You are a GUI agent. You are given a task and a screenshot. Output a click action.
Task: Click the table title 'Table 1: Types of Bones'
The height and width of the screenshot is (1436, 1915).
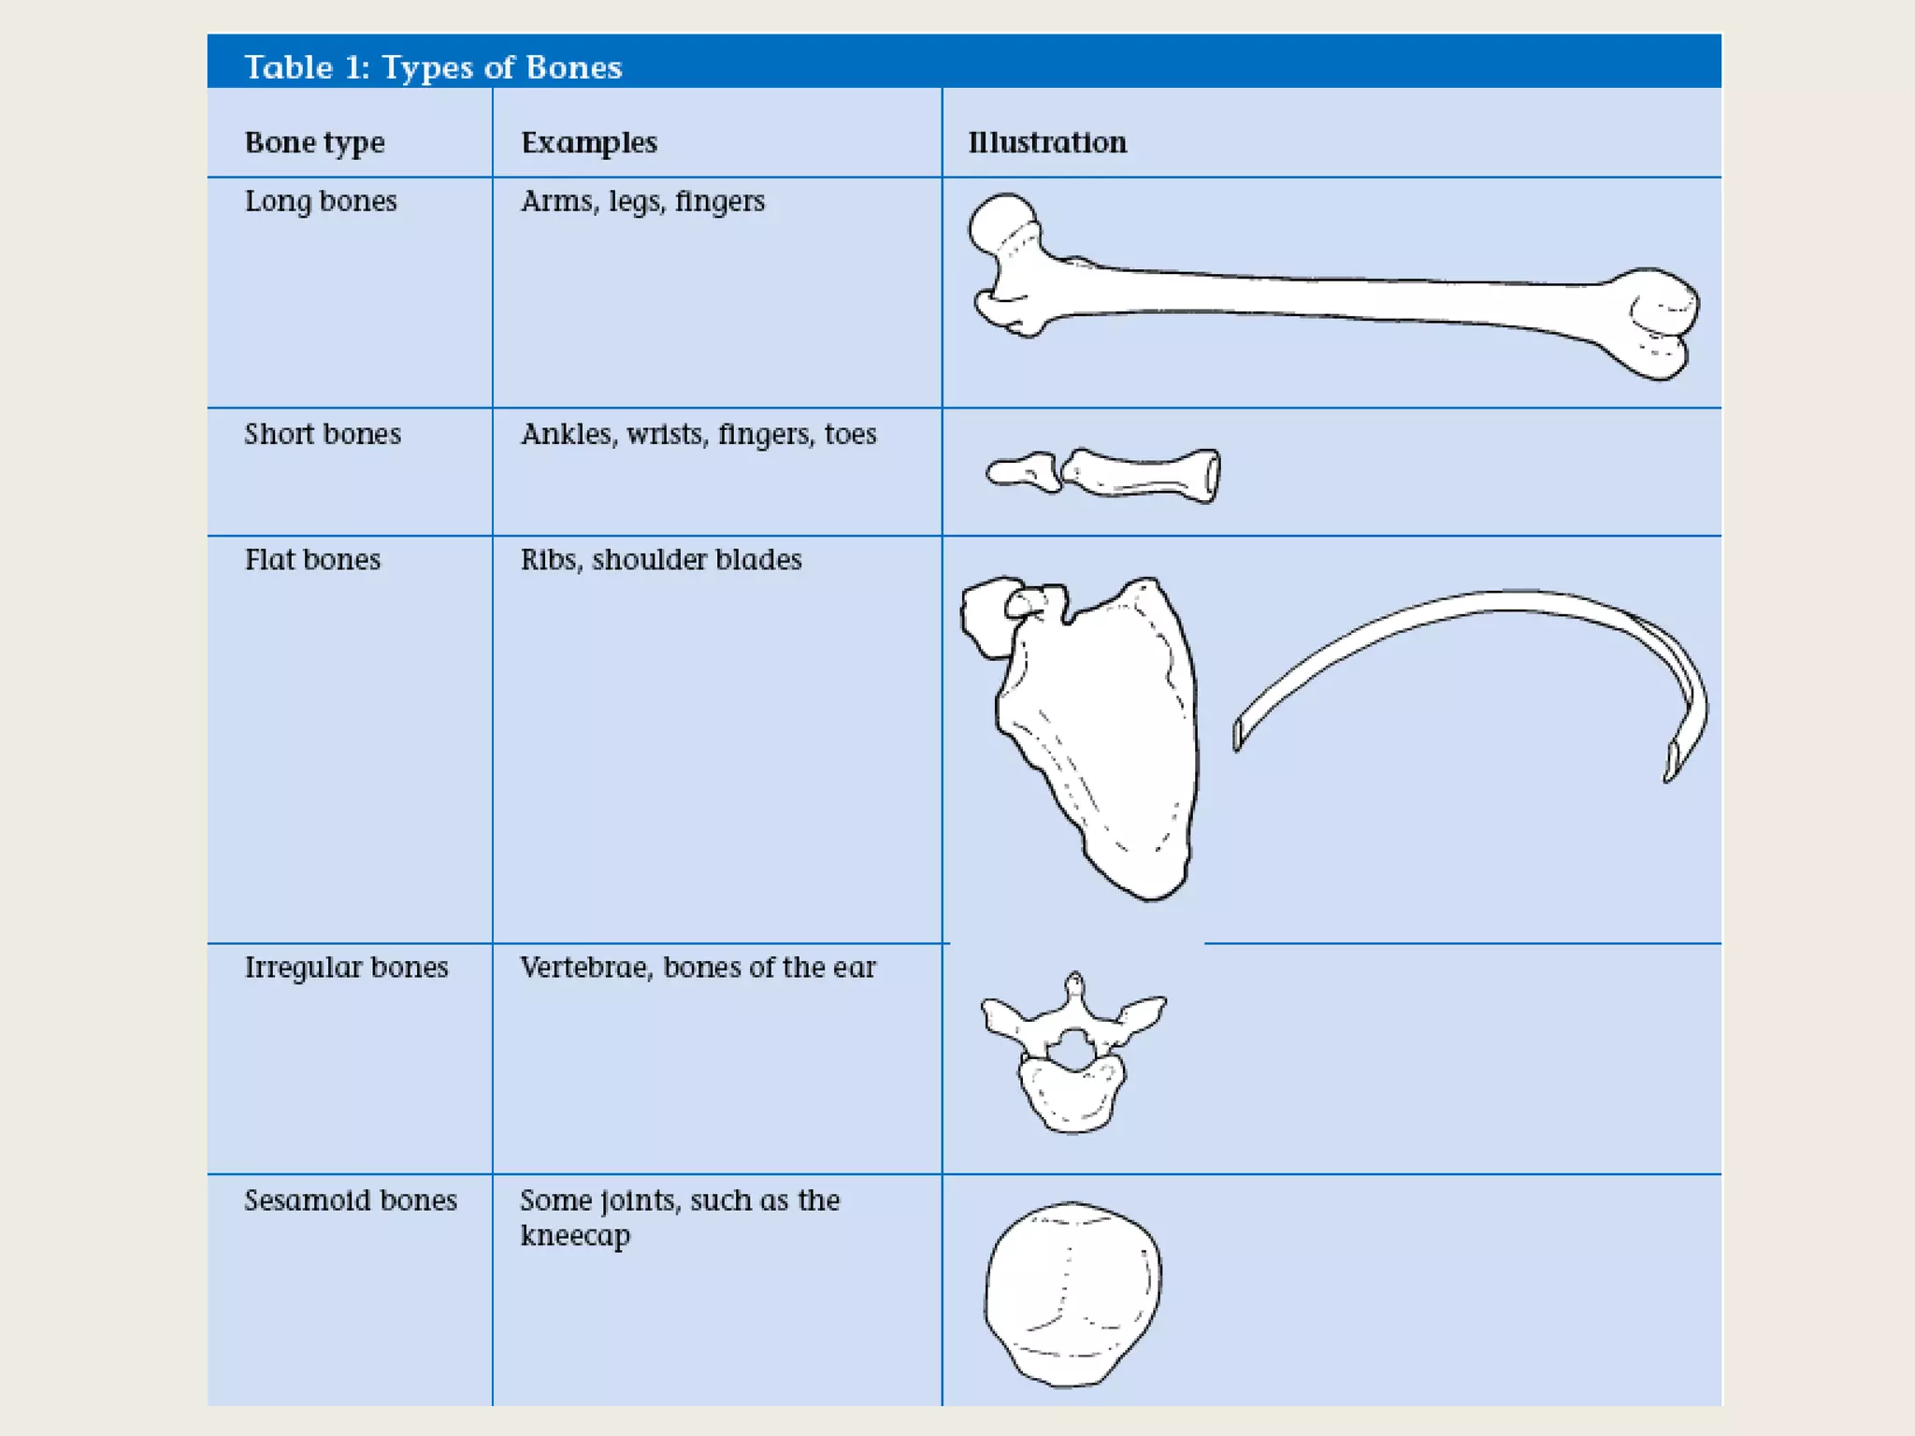[433, 67]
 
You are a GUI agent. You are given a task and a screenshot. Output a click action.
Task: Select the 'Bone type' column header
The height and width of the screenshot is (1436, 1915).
[314, 142]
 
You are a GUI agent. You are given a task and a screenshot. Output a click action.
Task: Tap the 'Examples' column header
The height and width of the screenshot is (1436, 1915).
[589, 142]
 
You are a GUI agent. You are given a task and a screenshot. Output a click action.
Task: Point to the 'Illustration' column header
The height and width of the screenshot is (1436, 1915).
[1047, 142]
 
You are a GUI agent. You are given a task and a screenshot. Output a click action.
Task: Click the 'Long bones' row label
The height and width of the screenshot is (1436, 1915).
[321, 201]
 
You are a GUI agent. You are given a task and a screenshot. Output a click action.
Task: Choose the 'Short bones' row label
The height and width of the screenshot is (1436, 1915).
[323, 434]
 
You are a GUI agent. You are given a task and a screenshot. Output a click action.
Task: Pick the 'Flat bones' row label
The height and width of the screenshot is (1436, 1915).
[312, 560]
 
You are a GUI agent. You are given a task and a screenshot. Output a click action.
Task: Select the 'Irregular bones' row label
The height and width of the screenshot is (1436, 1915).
[346, 967]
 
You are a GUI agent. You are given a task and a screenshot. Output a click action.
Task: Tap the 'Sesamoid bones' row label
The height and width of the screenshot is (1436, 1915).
[351, 1200]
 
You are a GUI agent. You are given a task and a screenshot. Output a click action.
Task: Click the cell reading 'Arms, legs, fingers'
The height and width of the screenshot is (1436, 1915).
[642, 201]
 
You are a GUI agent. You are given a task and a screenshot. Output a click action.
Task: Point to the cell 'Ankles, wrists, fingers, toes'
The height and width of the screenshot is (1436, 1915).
[698, 434]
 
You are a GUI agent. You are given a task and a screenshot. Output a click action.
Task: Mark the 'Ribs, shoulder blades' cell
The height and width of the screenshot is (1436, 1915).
[661, 560]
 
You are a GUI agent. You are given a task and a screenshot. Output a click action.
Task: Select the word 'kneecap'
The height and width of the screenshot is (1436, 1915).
[575, 1236]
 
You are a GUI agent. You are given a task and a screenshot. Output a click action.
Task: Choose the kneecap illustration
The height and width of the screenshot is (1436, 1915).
[1073, 1295]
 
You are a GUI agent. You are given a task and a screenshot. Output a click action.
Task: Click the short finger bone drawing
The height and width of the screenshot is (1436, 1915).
[1141, 474]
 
